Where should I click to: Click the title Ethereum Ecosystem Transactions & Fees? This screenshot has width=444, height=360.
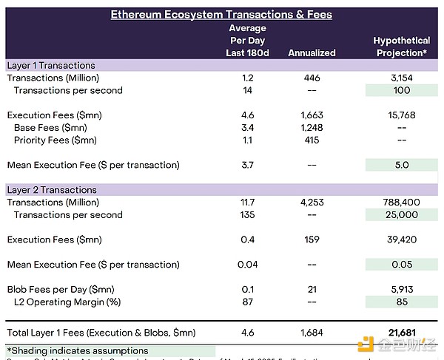[x=221, y=14]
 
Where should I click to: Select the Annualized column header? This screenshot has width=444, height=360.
[x=312, y=52]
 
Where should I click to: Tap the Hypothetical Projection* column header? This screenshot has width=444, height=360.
[x=401, y=47]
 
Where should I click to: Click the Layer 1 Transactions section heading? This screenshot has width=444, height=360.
[x=51, y=65]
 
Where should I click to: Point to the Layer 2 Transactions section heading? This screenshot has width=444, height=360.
[x=52, y=190]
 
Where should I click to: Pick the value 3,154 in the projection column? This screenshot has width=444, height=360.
[x=401, y=78]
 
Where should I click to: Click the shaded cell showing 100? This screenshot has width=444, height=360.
[x=401, y=90]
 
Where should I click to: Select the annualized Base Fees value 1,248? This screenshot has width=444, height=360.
[x=312, y=128]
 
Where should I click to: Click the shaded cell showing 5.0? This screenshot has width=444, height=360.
[x=401, y=165]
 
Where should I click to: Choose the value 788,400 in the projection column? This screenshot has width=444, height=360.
[x=401, y=202]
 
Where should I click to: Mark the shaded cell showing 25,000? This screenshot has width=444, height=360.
[x=401, y=214]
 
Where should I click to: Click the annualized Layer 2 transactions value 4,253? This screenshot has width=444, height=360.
[x=312, y=202]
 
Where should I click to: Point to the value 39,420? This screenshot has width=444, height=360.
[x=401, y=240]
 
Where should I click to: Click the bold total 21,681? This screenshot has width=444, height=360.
[x=401, y=333]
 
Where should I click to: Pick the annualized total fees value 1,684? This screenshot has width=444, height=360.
[x=312, y=333]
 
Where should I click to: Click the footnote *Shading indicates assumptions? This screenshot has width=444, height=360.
[x=78, y=350]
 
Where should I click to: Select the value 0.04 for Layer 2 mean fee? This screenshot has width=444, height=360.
[x=247, y=264]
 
